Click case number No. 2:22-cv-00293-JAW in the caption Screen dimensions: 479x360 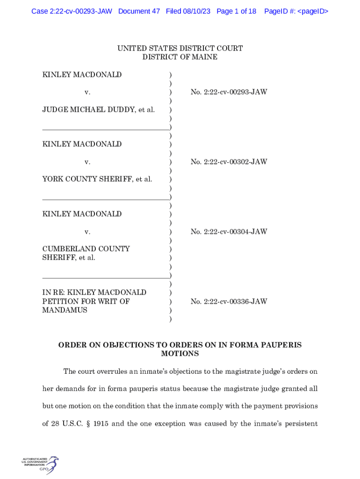click(x=229, y=92)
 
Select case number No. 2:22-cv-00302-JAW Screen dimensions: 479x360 click(x=229, y=162)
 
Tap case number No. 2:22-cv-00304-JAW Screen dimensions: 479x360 click(x=229, y=232)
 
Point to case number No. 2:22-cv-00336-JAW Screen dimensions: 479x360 click(x=229, y=301)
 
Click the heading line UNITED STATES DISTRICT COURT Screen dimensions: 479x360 click(x=180, y=49)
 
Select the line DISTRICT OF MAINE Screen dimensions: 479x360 click(x=180, y=57)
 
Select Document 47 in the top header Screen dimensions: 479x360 click(x=139, y=11)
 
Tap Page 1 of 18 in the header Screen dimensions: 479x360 click(x=237, y=11)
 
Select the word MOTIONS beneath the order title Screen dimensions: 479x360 click(x=180, y=354)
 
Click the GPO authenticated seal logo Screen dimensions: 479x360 click(x=41, y=464)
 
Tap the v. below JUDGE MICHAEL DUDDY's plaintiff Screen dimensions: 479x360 click(x=87, y=92)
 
